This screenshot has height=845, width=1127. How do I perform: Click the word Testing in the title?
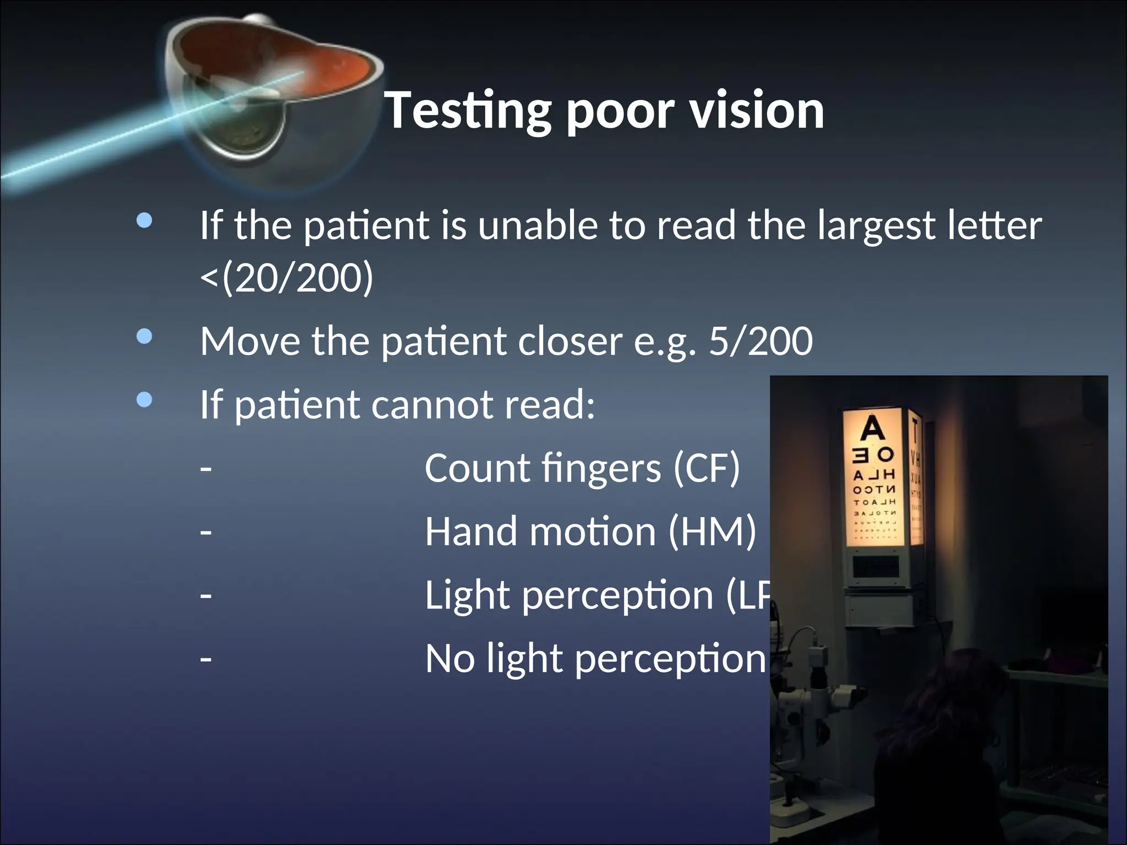(468, 111)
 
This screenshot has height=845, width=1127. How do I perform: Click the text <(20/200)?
(287, 278)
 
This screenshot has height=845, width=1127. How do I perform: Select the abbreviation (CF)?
(707, 468)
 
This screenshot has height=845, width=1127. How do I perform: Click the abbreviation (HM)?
(712, 531)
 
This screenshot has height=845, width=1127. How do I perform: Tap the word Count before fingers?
(477, 468)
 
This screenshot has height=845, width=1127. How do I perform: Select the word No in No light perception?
(450, 659)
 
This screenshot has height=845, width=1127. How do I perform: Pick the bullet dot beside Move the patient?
(144, 336)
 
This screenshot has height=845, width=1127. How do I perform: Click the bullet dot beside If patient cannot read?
(144, 400)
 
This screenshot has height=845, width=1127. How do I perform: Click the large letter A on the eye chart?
(872, 429)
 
